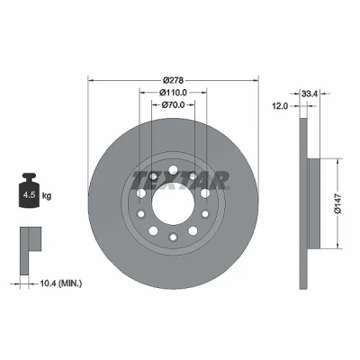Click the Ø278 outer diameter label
coord(173,80)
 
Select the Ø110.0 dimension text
coord(173,93)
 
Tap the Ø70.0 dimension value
coord(173,104)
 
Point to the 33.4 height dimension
coord(310,94)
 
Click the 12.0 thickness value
coord(280,106)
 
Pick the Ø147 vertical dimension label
coord(337,203)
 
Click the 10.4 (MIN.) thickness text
coord(61,283)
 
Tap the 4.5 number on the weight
coord(30,195)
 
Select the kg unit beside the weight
coord(47,196)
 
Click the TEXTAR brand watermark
coord(180,180)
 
